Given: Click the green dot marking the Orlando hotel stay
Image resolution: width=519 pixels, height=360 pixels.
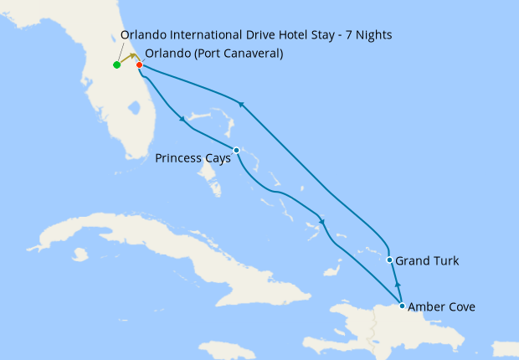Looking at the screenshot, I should pyautogui.click(x=116, y=64).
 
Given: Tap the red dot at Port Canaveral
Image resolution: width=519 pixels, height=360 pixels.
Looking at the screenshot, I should pyautogui.click(x=139, y=64).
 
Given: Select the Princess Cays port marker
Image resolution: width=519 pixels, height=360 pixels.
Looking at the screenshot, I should pyautogui.click(x=237, y=151).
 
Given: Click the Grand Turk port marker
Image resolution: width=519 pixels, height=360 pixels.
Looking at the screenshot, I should pyautogui.click(x=390, y=260).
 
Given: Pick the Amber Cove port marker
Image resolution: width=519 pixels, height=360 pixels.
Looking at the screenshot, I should pyautogui.click(x=403, y=306).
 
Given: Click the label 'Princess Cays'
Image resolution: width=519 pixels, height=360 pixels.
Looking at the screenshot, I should pyautogui.click(x=193, y=157).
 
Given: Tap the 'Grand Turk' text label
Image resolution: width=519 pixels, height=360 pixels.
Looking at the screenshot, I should pyautogui.click(x=427, y=261).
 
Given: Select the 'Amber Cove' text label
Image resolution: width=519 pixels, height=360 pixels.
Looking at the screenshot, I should pyautogui.click(x=443, y=307).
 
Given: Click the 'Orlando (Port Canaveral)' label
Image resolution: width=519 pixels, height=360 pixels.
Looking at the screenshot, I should pyautogui.click(x=213, y=54).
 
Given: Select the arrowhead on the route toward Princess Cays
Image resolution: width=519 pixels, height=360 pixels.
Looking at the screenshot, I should pyautogui.click(x=182, y=120).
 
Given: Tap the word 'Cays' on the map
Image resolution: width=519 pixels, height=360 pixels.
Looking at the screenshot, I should pyautogui.click(x=215, y=157).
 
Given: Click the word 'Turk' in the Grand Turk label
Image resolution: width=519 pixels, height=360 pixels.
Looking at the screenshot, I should pyautogui.click(x=444, y=261).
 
